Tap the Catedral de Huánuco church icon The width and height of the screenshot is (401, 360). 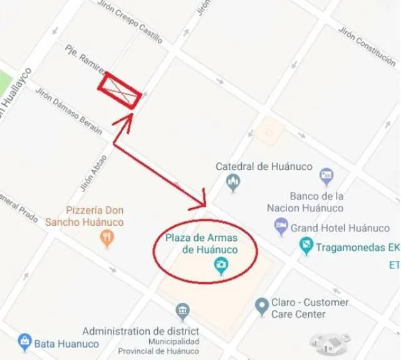[233, 183]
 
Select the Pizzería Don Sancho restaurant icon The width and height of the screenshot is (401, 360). [107, 238]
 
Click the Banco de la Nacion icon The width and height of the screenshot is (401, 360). [326, 176]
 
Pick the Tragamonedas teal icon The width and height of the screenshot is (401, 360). [306, 246]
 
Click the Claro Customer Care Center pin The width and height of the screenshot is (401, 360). [262, 307]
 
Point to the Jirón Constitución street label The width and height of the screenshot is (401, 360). [367, 46]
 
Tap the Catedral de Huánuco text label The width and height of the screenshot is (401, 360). [256, 167]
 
